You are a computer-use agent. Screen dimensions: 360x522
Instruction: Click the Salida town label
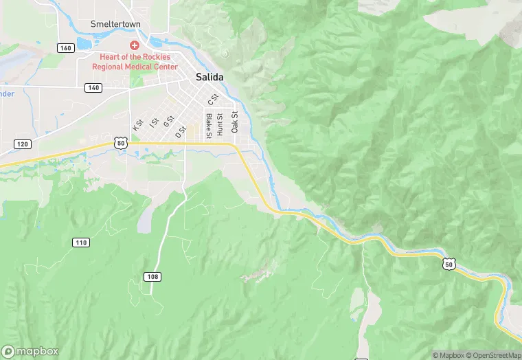click(210, 78)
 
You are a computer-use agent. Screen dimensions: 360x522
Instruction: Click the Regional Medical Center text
click(135, 67)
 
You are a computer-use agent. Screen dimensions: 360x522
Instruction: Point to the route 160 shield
click(66, 47)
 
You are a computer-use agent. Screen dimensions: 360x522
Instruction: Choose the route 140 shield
click(93, 88)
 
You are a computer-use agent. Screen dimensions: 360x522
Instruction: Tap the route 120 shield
click(23, 144)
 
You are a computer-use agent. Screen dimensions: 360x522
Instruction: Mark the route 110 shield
click(81, 242)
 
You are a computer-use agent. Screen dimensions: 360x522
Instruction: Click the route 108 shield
click(152, 276)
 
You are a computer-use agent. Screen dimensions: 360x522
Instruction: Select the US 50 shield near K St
click(120, 143)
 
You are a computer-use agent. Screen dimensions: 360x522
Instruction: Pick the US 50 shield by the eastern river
click(449, 264)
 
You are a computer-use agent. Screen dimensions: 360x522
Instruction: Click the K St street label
click(137, 126)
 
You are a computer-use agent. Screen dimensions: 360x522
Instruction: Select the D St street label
click(181, 130)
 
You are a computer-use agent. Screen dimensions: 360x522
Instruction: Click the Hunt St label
click(220, 123)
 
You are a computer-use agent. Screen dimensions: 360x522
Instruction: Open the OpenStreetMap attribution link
click(493, 355)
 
